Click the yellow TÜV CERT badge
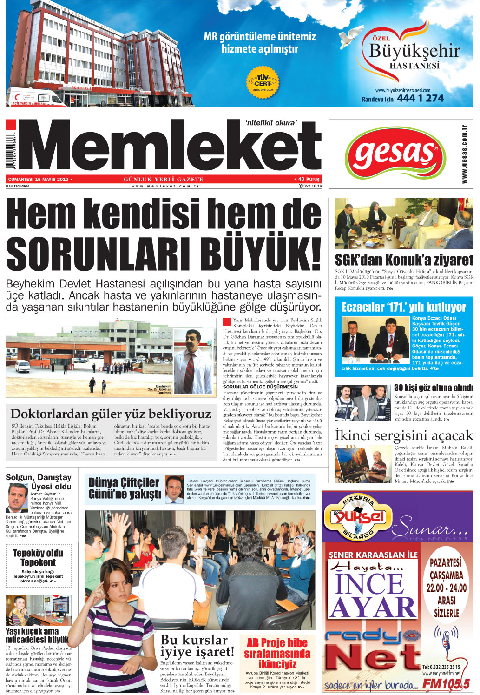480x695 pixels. [x=262, y=82]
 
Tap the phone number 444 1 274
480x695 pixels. [x=420, y=98]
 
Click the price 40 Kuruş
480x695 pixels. [x=307, y=179]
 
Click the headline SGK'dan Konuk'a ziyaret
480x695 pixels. [x=403, y=260]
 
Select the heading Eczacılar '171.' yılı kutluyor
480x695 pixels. [x=403, y=307]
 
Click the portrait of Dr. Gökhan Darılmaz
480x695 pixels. [x=194, y=357]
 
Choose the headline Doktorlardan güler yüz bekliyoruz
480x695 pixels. [x=111, y=414]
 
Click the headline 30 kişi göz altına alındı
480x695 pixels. [x=433, y=388]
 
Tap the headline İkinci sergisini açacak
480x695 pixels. [x=403, y=435]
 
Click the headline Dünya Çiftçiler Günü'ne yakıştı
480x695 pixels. [x=125, y=488]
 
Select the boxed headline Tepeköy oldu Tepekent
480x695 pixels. [x=38, y=558]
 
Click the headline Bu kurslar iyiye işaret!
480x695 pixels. [x=197, y=646]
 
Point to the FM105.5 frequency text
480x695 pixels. [x=446, y=683]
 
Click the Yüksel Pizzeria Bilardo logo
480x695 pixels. [x=359, y=516]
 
